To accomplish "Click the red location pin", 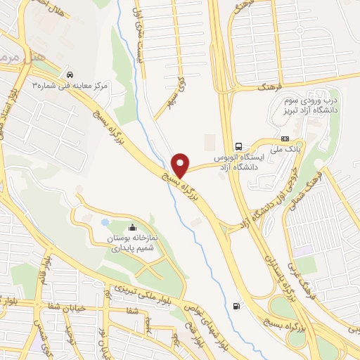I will coord(182,165).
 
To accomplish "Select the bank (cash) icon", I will coord(285,139).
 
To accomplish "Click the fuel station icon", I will coord(235,306).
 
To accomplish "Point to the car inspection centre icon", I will coord(69,74).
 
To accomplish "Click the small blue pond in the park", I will coord(105,223).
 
